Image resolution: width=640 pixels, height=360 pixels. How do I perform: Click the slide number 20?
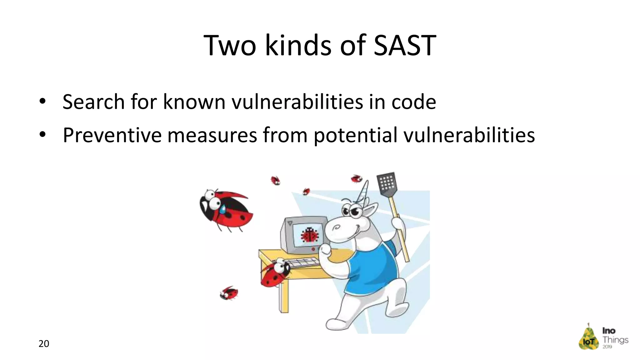44,344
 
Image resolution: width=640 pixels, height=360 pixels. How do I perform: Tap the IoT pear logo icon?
588,337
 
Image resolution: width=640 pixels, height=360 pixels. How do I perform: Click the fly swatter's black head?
387,184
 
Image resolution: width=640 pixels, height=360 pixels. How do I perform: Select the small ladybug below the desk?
229,293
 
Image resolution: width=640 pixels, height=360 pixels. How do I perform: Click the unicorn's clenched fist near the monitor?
325,250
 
